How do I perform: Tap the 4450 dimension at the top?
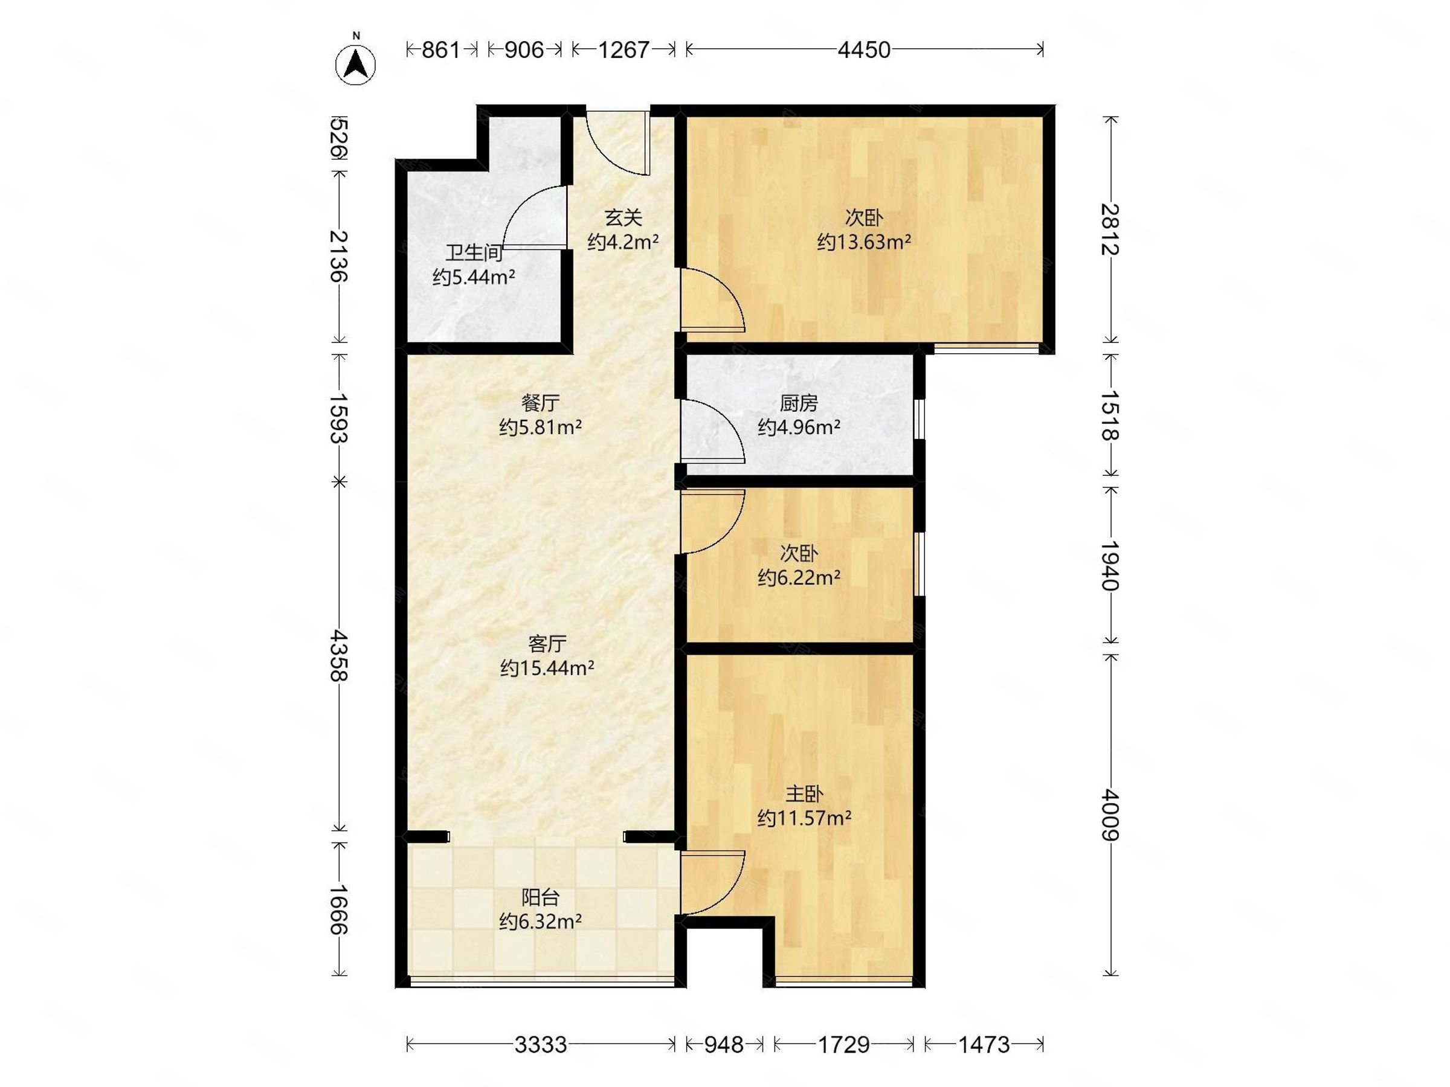tap(864, 50)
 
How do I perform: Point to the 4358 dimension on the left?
tap(339, 656)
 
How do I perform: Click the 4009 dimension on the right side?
tap(1109, 814)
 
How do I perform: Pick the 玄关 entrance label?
tap(623, 217)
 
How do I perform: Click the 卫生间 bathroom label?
tap(474, 253)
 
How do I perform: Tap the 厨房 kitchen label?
tap(799, 403)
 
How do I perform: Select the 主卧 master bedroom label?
tap(804, 794)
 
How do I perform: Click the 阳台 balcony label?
tap(540, 897)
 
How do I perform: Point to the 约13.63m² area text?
tap(864, 242)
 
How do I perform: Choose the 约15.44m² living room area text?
tap(547, 669)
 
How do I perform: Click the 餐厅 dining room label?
tap(540, 402)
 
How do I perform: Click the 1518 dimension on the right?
tap(1109, 415)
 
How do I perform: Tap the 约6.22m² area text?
tap(799, 578)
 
